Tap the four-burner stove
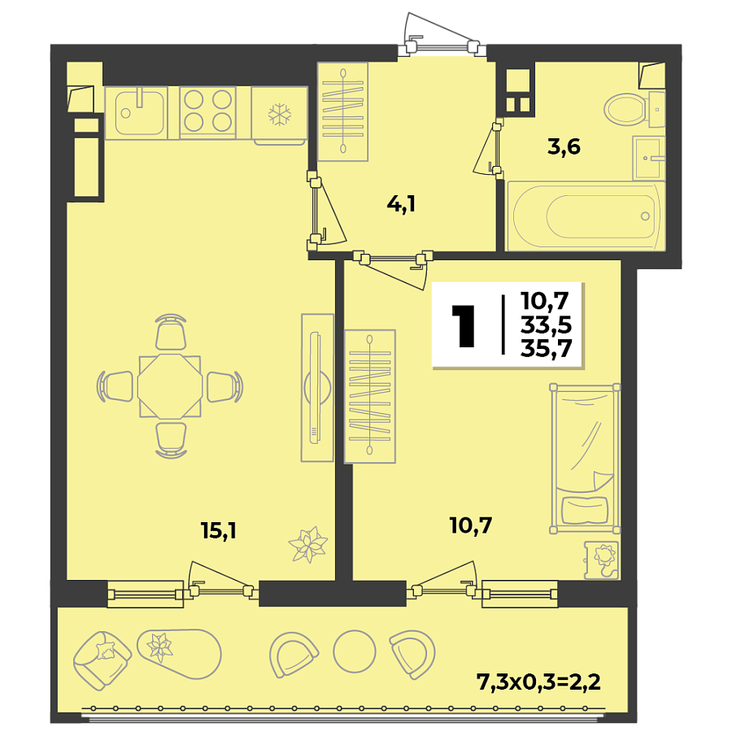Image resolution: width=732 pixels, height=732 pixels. tap(207, 111)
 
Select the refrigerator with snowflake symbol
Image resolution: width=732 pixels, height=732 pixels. tap(279, 114)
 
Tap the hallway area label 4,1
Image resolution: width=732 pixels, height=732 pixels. tap(401, 204)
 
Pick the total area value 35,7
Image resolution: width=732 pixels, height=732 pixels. tap(547, 348)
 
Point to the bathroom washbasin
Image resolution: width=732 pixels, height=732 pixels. tap(649, 158)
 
